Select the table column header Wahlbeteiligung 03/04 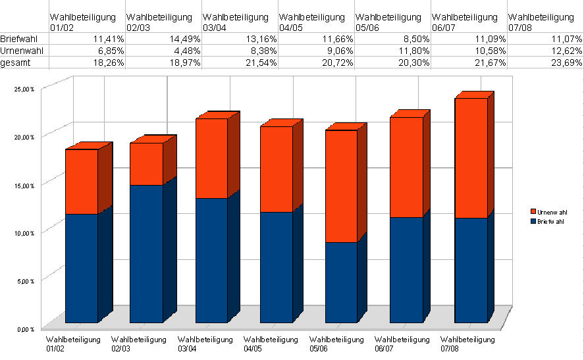click(236, 21)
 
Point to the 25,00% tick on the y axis click(24, 89)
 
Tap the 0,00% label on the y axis click(26, 328)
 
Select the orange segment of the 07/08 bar click(471, 158)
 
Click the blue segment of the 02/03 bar click(146, 253)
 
